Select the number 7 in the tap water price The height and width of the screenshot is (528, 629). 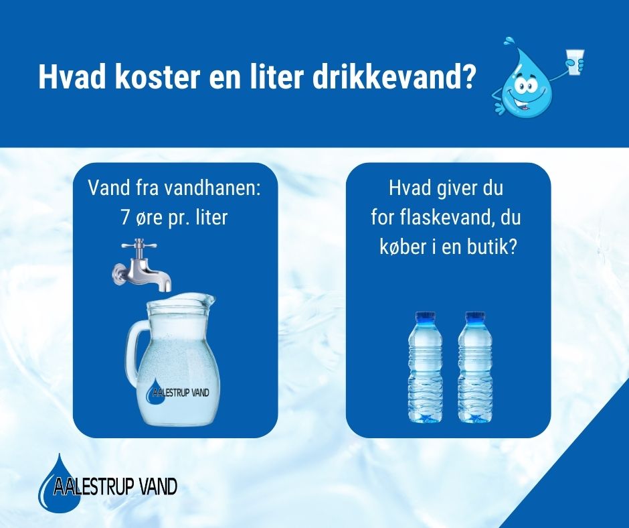tap(124, 217)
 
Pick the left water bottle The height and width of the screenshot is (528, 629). tap(425, 367)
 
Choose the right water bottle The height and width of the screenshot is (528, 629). tap(474, 367)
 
